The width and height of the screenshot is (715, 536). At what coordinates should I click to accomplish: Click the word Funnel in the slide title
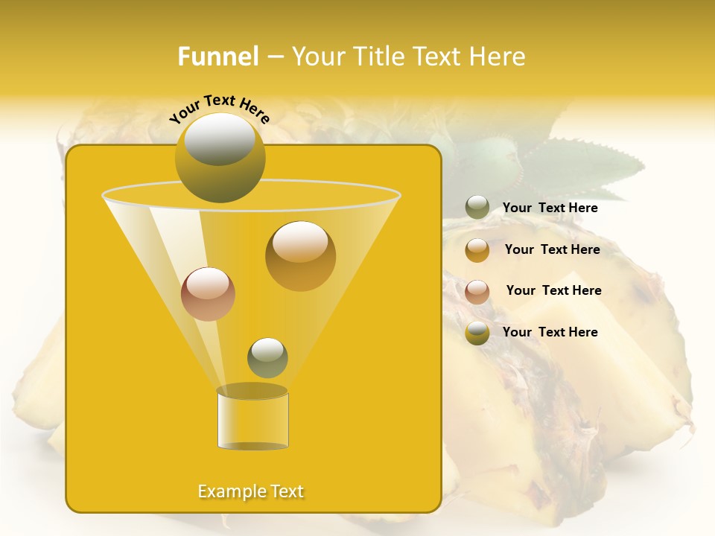[218, 57]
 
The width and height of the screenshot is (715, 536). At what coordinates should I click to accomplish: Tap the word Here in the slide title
[493, 57]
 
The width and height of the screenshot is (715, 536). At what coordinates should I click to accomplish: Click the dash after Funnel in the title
[275, 57]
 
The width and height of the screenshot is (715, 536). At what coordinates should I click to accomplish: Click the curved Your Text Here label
[219, 109]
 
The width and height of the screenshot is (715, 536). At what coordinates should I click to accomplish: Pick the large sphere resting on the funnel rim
[220, 158]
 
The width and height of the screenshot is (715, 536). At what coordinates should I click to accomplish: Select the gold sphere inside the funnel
[300, 255]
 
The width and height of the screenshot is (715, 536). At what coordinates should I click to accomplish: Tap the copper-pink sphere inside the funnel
[208, 294]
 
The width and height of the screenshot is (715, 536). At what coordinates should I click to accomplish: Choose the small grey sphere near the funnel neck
[267, 357]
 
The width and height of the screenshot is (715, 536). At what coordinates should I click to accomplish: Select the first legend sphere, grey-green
[477, 207]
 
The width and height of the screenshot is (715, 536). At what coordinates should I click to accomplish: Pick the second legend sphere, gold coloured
[477, 250]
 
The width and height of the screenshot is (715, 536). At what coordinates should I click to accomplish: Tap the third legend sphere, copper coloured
[477, 292]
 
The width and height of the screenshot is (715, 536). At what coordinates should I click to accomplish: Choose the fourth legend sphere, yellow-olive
[477, 333]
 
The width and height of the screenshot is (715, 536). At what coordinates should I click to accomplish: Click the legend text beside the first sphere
[550, 208]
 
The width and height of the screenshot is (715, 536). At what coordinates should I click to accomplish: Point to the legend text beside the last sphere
[550, 332]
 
